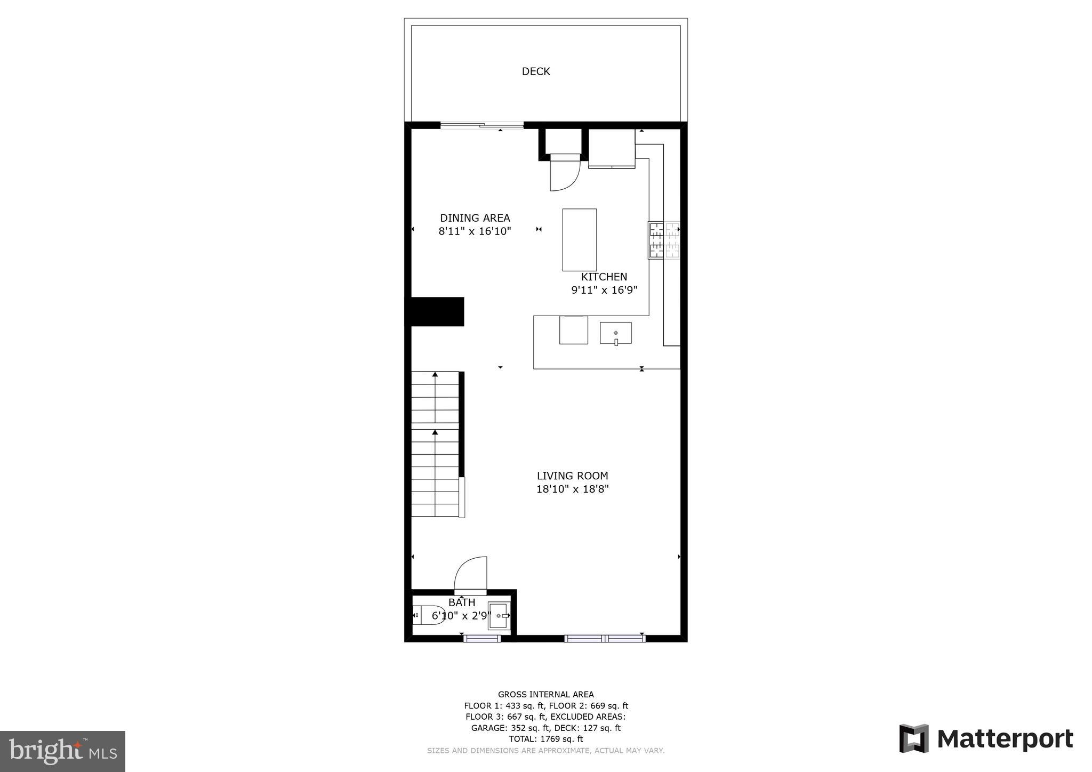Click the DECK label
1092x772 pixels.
click(535, 71)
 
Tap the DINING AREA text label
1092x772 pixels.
click(475, 218)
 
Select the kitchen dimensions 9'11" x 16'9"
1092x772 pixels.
click(604, 290)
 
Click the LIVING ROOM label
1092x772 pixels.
click(572, 476)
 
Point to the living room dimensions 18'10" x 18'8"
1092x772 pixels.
click(572, 489)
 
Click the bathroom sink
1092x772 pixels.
click(500, 616)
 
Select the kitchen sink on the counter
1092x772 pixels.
click(615, 333)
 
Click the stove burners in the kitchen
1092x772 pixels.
click(664, 240)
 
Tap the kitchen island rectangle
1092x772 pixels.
click(579, 240)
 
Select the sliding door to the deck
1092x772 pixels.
click(482, 126)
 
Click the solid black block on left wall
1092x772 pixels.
click(436, 311)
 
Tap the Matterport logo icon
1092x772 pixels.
click(913, 738)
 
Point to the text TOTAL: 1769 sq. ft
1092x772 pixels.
click(545, 739)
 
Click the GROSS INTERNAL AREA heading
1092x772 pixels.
click(545, 694)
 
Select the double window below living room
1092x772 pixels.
click(605, 638)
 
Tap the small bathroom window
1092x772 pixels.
click(481, 638)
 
